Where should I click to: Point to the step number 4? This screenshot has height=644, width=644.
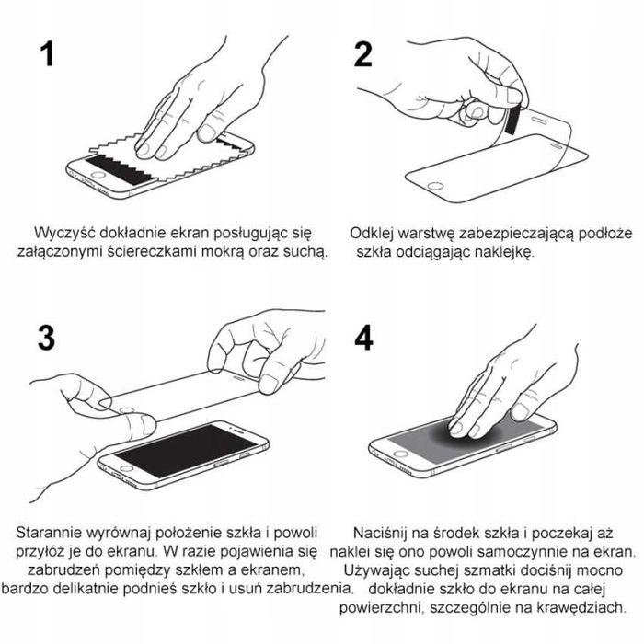point(363,339)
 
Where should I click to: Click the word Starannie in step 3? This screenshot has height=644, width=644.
point(51,534)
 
